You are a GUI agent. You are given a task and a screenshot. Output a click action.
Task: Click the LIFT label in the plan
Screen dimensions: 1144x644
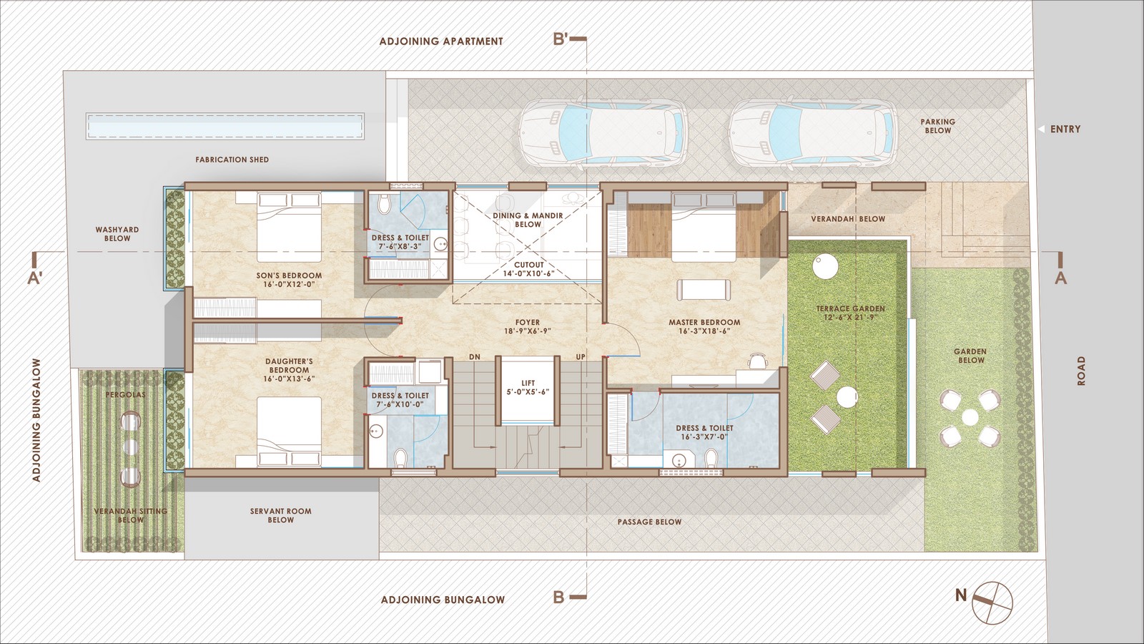click(x=528, y=383)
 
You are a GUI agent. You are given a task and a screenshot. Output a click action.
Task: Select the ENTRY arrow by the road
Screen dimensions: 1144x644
click(x=1041, y=130)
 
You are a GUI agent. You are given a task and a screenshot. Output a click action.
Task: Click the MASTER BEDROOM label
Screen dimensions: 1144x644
click(x=704, y=322)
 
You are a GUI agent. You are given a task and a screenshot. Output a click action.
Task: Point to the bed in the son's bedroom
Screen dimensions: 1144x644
click(x=289, y=227)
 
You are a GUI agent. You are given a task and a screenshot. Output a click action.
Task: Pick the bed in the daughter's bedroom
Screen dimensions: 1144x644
click(x=289, y=432)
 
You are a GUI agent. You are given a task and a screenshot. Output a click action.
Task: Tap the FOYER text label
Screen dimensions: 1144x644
click(x=528, y=322)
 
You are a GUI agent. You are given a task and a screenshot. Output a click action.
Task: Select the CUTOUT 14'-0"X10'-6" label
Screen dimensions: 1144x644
click(x=528, y=269)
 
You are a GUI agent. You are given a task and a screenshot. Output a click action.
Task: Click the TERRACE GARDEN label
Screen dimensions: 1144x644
click(x=850, y=308)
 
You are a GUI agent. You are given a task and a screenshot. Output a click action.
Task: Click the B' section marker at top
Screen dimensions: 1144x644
click(x=569, y=39)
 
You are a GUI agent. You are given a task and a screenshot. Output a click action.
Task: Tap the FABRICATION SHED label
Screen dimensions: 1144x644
click(x=232, y=160)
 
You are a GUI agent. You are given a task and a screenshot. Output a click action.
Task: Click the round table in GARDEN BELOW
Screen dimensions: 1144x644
click(x=970, y=418)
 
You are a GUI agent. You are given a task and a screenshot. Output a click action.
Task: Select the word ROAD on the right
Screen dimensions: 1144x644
click(x=1081, y=371)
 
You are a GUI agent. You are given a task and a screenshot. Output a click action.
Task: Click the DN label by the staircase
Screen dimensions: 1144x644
click(x=475, y=357)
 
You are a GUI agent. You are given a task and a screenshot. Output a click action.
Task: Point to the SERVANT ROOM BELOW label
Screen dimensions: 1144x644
click(x=280, y=515)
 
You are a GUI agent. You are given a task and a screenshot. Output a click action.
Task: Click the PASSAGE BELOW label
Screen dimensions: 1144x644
click(x=649, y=522)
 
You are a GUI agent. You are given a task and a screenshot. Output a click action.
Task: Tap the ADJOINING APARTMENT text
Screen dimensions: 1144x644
click(x=441, y=42)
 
